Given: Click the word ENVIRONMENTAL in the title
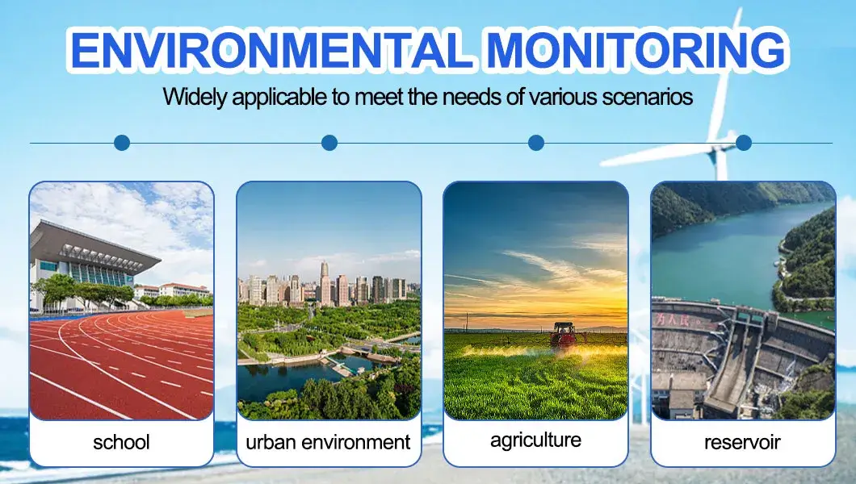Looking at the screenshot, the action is (271, 50).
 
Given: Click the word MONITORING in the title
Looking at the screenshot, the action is (636, 50).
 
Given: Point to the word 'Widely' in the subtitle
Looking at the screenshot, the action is (195, 98).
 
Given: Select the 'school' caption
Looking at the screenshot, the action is (121, 442).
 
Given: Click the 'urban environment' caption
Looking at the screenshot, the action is (328, 442).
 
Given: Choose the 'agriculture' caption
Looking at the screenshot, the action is (535, 440).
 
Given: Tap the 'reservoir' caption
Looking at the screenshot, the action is (742, 442).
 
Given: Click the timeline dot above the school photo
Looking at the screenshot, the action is (122, 143).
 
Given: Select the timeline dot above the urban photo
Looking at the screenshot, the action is (329, 143).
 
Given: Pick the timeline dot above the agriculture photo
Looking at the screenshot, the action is (536, 143).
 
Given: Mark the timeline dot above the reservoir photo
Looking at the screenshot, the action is (744, 143).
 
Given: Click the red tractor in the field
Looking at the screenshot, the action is (564, 336).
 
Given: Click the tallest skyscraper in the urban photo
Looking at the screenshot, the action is (325, 283).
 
